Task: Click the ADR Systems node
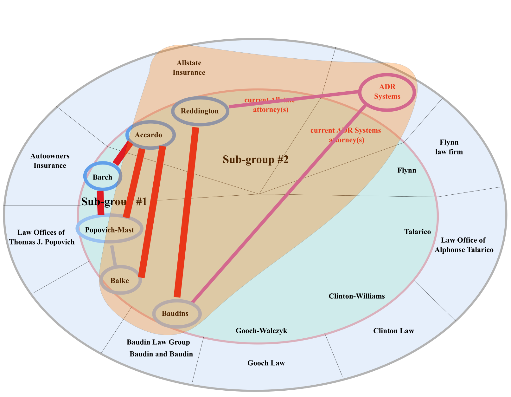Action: tap(387, 92)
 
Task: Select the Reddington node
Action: tap(200, 111)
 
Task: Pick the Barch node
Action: tap(102, 177)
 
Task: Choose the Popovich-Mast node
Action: tap(110, 230)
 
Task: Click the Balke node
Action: tap(120, 280)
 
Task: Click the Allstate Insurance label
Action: tap(189, 68)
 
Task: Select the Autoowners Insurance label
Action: tap(50, 161)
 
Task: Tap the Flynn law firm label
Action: tap(449, 147)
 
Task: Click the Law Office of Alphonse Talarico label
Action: tap(464, 245)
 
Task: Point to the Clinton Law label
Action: tap(393, 331)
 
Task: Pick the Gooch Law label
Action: tap(266, 363)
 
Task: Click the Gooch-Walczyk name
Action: tap(261, 331)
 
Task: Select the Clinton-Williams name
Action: tap(357, 296)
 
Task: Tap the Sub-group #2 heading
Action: tap(255, 159)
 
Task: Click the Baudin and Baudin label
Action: tap(161, 354)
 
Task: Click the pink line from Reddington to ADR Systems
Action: tap(293, 99)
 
